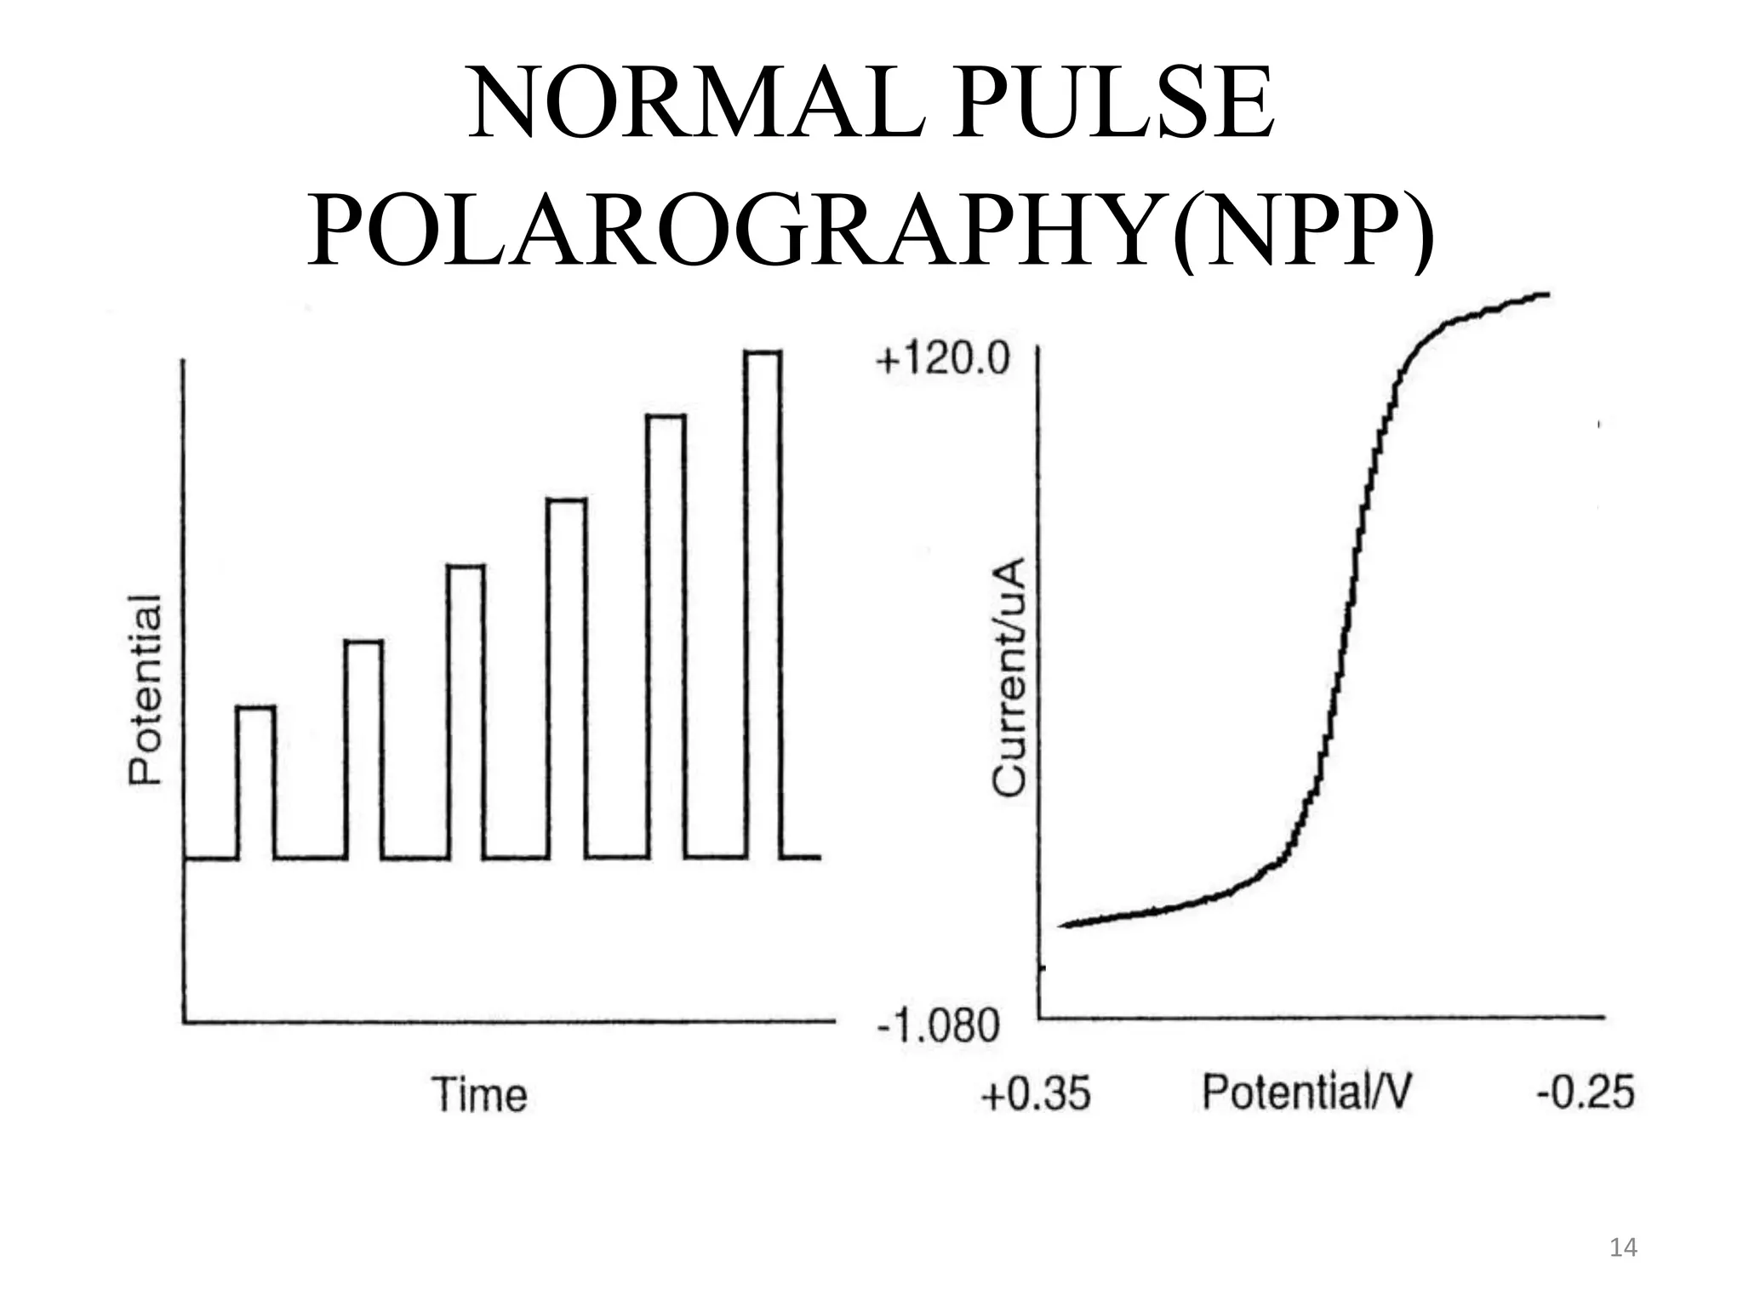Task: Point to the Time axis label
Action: point(480,1094)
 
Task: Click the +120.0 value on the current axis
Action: point(943,361)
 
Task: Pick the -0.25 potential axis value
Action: point(1585,1092)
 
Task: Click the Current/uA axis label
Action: point(1009,676)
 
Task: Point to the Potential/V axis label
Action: point(1306,1093)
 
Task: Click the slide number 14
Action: point(1624,1248)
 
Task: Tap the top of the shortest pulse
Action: point(255,707)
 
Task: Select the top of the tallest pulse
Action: point(763,352)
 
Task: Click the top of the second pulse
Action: point(363,642)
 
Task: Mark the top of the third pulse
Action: point(466,566)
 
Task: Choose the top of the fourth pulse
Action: point(567,500)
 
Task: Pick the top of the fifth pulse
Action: point(666,416)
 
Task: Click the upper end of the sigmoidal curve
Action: point(1546,295)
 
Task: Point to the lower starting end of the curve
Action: point(1064,925)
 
